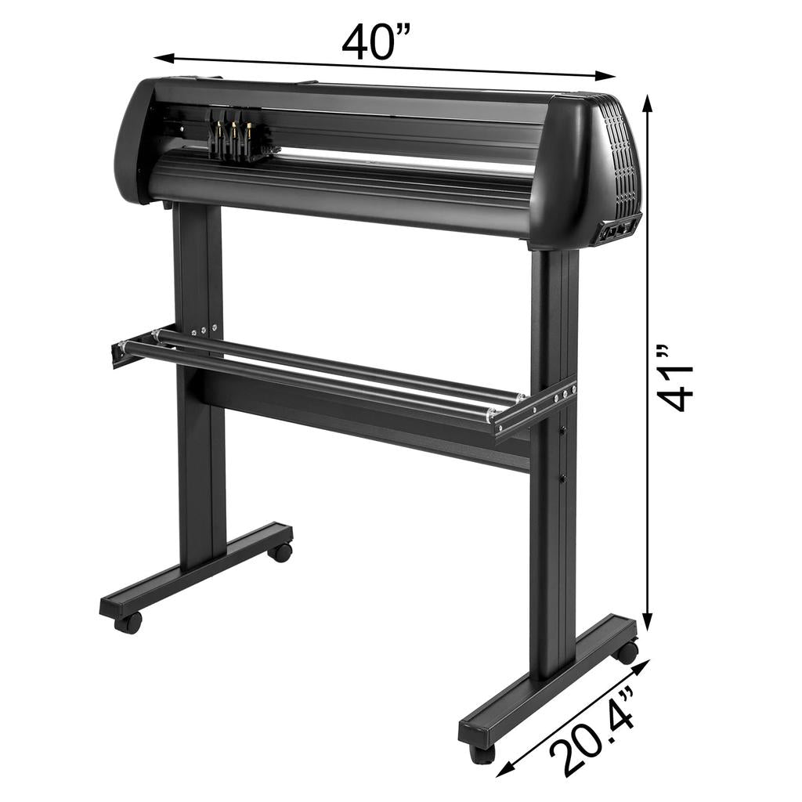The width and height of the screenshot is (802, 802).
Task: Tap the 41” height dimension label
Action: pos(675,378)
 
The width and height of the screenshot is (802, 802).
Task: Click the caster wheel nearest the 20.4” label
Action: pos(481,753)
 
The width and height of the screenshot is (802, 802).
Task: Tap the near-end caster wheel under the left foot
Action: pos(128,623)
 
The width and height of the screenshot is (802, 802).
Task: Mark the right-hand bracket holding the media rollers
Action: pos(536,410)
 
